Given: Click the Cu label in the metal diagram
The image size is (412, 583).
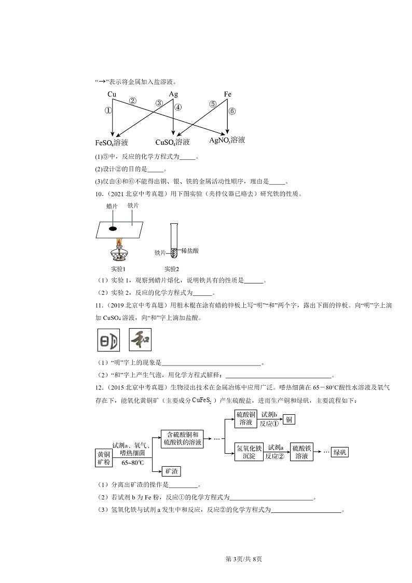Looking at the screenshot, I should [112, 94].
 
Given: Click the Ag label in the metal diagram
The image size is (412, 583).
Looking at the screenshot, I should [173, 94].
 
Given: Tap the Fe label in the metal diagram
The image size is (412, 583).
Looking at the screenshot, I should [227, 94].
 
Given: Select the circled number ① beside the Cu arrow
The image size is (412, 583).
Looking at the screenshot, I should [108, 111].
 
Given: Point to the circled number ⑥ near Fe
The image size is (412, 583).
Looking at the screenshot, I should [232, 111].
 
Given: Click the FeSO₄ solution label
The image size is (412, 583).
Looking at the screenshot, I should [112, 143].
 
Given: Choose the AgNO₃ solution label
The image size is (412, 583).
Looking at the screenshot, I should [227, 141].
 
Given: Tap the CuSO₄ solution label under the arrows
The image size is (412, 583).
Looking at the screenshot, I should [172, 142].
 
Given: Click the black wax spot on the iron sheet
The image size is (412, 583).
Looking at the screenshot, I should [113, 228].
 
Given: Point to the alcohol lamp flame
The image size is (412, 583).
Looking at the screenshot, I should [120, 242].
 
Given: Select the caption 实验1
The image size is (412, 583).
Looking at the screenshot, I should [118, 269].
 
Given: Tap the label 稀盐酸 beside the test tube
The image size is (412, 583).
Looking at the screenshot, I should [189, 251].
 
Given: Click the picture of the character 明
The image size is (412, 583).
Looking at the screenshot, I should [108, 341].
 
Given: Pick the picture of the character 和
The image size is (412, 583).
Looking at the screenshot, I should [139, 341].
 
